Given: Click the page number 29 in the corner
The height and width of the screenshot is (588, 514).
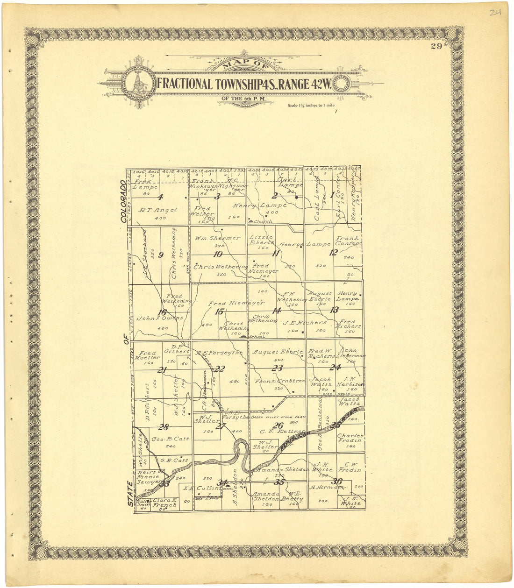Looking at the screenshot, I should pyautogui.click(x=437, y=45).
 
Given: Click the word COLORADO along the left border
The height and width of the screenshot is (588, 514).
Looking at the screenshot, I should pyautogui.click(x=124, y=201).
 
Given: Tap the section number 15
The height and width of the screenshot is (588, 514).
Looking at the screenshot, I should pyautogui.click(x=219, y=312).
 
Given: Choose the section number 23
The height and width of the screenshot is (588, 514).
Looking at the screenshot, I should pyautogui.click(x=277, y=368).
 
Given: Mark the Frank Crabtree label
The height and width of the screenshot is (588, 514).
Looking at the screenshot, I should pyautogui.click(x=280, y=381).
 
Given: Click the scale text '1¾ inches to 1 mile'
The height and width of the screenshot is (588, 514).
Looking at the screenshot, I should pyautogui.click(x=312, y=106).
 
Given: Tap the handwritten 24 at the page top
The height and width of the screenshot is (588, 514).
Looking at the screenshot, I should pyautogui.click(x=495, y=13).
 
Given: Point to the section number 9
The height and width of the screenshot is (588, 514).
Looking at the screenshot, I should pyautogui.click(x=161, y=255).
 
